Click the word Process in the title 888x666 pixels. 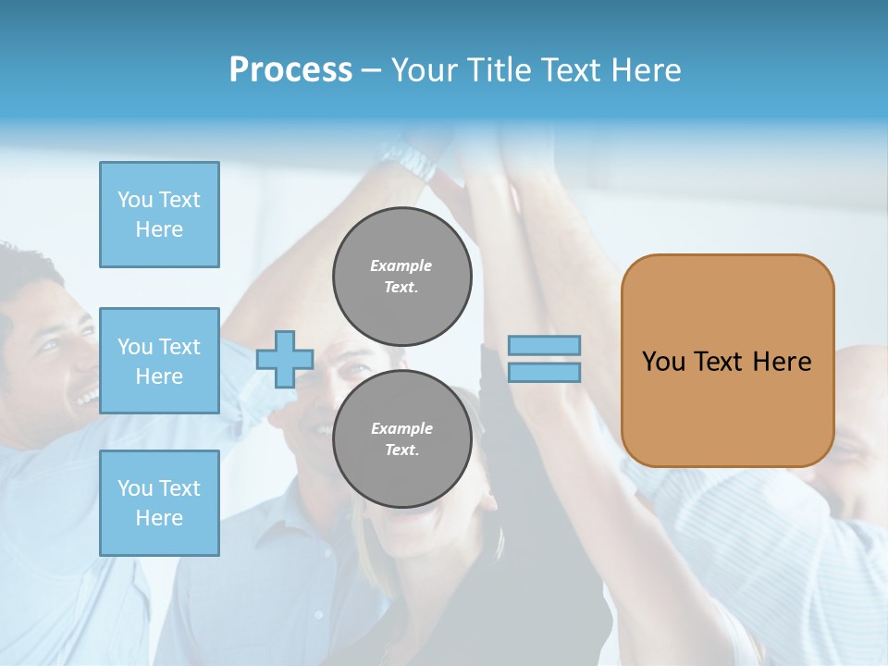pyautogui.click(x=290, y=70)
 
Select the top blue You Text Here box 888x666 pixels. pyautogui.click(x=159, y=215)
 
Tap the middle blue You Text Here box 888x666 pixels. pyautogui.click(x=159, y=361)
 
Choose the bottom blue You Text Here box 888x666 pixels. pyautogui.click(x=159, y=503)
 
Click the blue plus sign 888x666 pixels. pyautogui.click(x=285, y=359)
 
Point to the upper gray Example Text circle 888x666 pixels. pyautogui.click(x=401, y=277)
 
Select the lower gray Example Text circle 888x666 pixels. pyautogui.click(x=401, y=439)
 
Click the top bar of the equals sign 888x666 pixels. pyautogui.click(x=544, y=346)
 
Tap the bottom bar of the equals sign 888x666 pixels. pyautogui.click(x=544, y=372)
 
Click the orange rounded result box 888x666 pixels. pyautogui.click(x=727, y=407)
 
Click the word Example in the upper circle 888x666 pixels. pyautogui.click(x=401, y=265)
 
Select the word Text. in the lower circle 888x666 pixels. pyautogui.click(x=401, y=450)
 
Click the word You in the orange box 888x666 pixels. pyautogui.click(x=663, y=362)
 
